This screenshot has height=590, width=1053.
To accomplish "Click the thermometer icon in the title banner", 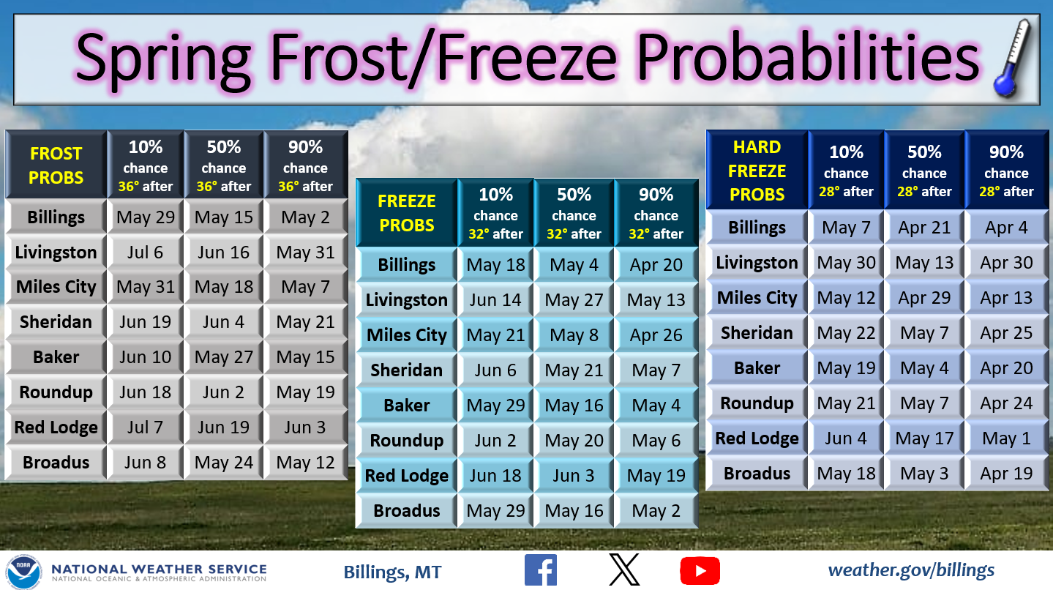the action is point(1011,59).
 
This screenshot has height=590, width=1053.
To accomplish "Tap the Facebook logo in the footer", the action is point(541,570).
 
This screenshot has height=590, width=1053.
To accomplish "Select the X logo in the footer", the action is point(624,570).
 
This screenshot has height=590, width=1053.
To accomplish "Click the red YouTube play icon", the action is point(700,571).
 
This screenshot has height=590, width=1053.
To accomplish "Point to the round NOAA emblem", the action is point(23,572).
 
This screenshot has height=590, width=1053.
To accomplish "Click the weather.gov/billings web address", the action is point(911,570).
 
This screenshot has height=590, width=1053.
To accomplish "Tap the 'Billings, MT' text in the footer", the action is point(392,572).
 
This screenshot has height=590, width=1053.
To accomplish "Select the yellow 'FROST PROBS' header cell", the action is point(56,165).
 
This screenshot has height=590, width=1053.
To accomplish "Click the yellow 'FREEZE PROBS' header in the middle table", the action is point(407,213).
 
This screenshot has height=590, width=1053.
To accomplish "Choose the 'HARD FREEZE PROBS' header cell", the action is point(757,170).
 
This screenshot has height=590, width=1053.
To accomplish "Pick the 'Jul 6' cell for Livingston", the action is point(146,253).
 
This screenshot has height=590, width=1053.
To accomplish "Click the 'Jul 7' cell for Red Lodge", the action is point(146,427).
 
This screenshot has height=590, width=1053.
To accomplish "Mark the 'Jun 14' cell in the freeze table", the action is point(495,300).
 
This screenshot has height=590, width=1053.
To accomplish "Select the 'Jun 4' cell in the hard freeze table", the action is point(846,438).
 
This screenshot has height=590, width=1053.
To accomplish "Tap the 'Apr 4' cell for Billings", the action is point(1006,228).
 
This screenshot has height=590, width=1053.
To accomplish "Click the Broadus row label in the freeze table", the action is point(407,510).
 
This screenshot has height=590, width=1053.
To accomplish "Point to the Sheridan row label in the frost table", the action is point(56,322).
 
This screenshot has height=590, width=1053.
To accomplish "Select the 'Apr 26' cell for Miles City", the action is point(656,335).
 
